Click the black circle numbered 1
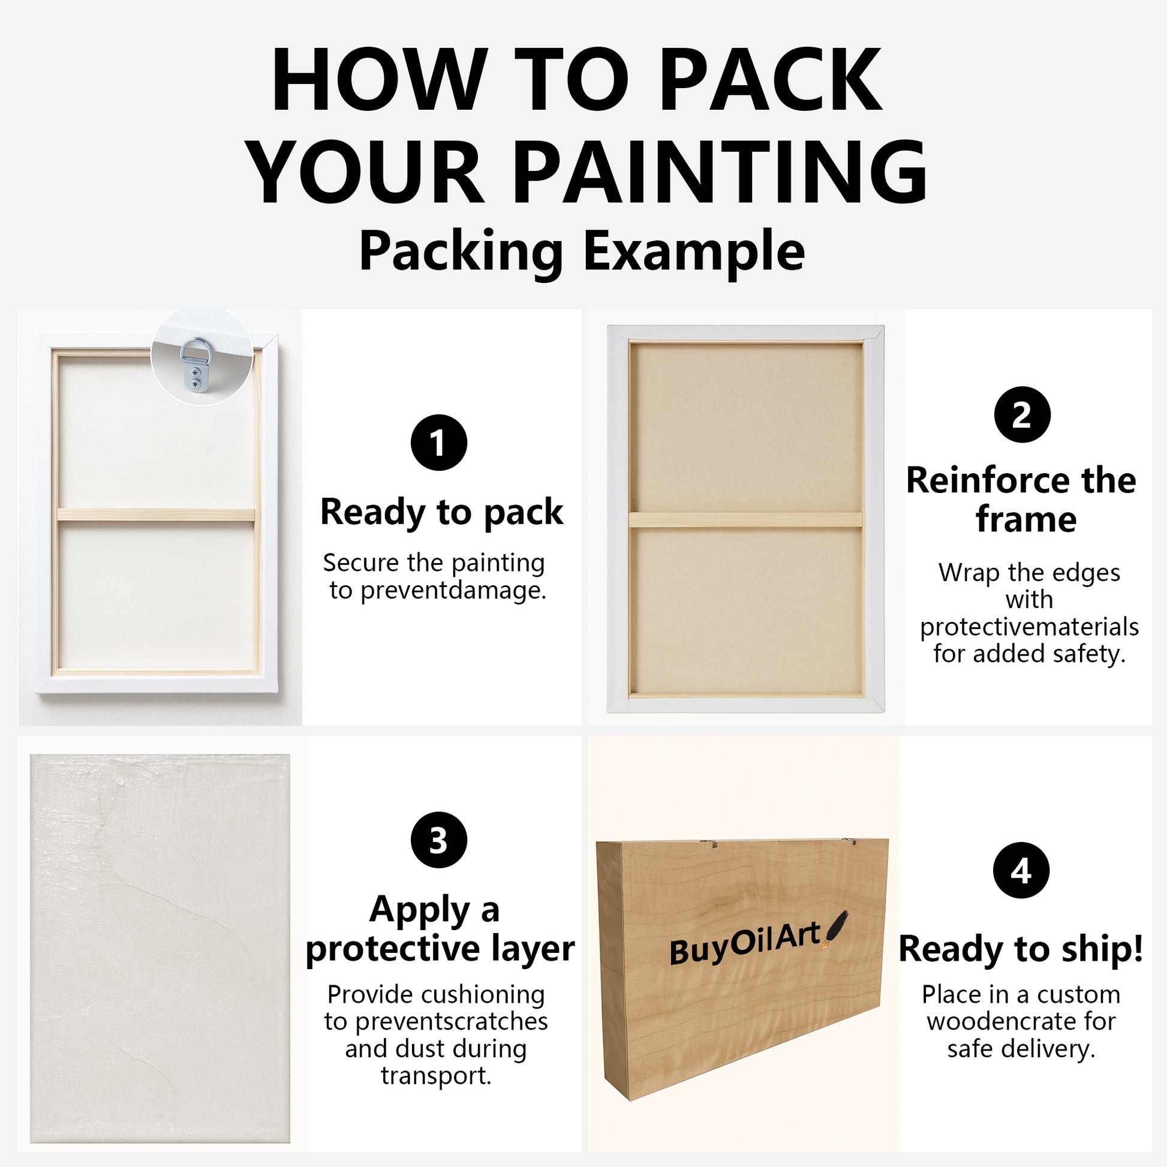pos(438,442)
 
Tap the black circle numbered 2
pos(1022,415)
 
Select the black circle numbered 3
pos(438,840)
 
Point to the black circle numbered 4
pos(1021,870)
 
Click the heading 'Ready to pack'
pos(441,512)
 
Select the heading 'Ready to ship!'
pos(1021,949)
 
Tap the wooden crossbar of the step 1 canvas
pos(156,515)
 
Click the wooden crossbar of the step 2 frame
pos(745,519)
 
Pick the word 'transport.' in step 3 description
pos(436,1076)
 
